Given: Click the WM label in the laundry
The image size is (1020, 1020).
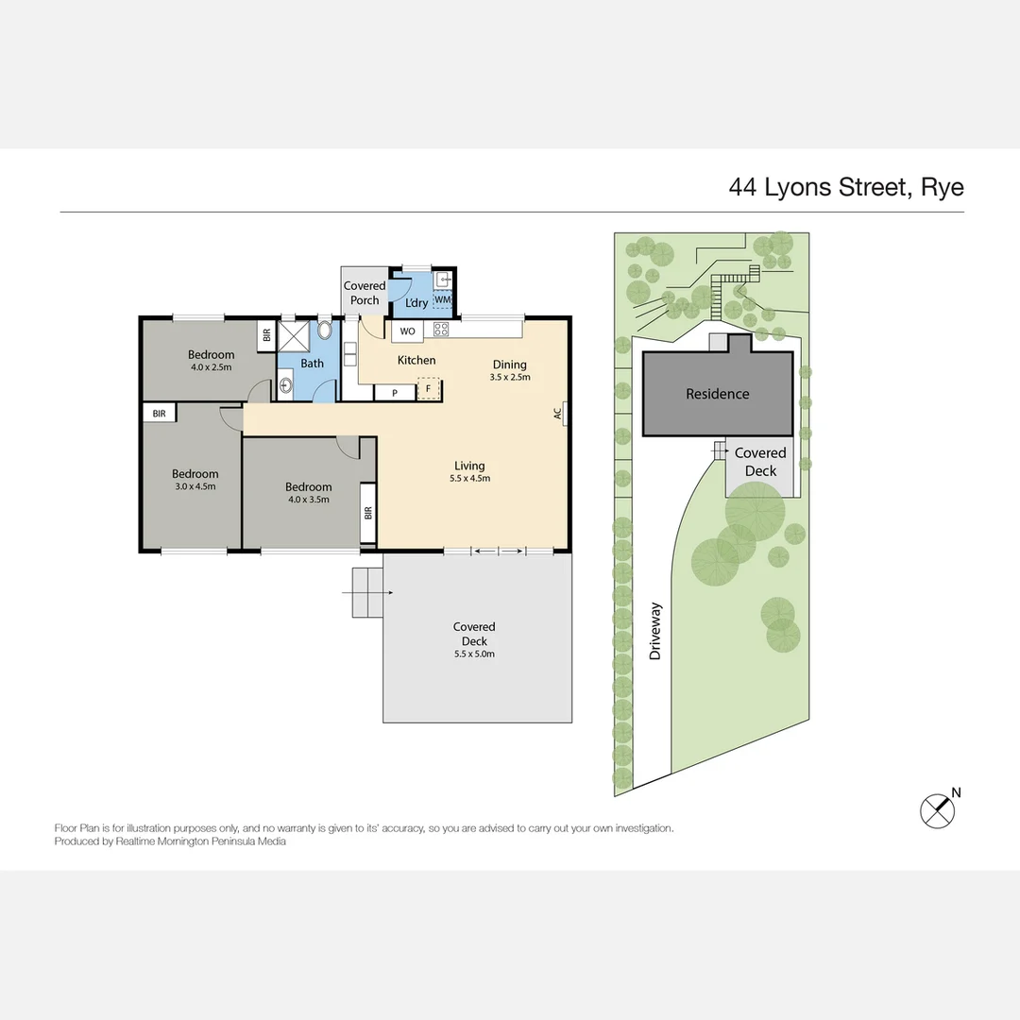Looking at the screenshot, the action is pyautogui.click(x=442, y=300).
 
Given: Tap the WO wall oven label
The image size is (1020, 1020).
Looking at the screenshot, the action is pyautogui.click(x=407, y=331).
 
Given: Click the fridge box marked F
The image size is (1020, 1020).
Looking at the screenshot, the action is pyautogui.click(x=428, y=389).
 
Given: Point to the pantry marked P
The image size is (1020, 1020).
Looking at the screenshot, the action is pyautogui.click(x=394, y=393).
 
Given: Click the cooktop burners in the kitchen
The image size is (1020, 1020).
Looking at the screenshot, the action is pyautogui.click(x=440, y=330).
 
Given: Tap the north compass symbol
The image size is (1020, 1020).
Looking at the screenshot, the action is pyautogui.click(x=938, y=811).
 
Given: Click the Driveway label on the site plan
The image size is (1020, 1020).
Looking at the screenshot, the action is pyautogui.click(x=655, y=631).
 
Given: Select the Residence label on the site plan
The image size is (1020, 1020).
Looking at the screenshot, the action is pyautogui.click(x=718, y=394).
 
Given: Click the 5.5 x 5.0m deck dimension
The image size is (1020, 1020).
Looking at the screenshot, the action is pyautogui.click(x=474, y=654).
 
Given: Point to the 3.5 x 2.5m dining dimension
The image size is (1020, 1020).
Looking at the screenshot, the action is pyautogui.click(x=510, y=377).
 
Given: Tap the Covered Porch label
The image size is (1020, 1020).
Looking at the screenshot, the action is pyautogui.click(x=365, y=293).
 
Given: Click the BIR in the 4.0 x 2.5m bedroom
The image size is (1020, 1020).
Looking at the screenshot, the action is pyautogui.click(x=266, y=335).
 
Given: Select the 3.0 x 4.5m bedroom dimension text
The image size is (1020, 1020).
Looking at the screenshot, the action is pyautogui.click(x=195, y=486).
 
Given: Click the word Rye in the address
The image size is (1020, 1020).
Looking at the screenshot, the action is pyautogui.click(x=943, y=188).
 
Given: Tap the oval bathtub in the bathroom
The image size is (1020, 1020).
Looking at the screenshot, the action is pyautogui.click(x=325, y=330).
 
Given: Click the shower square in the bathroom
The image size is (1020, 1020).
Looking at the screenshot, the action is pyautogui.click(x=294, y=335).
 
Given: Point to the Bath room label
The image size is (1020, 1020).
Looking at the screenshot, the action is pyautogui.click(x=313, y=364).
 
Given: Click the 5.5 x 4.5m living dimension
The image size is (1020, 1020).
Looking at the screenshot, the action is pyautogui.click(x=469, y=479).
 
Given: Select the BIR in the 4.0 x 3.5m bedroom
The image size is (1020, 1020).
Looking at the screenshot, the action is pyautogui.click(x=368, y=513).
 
